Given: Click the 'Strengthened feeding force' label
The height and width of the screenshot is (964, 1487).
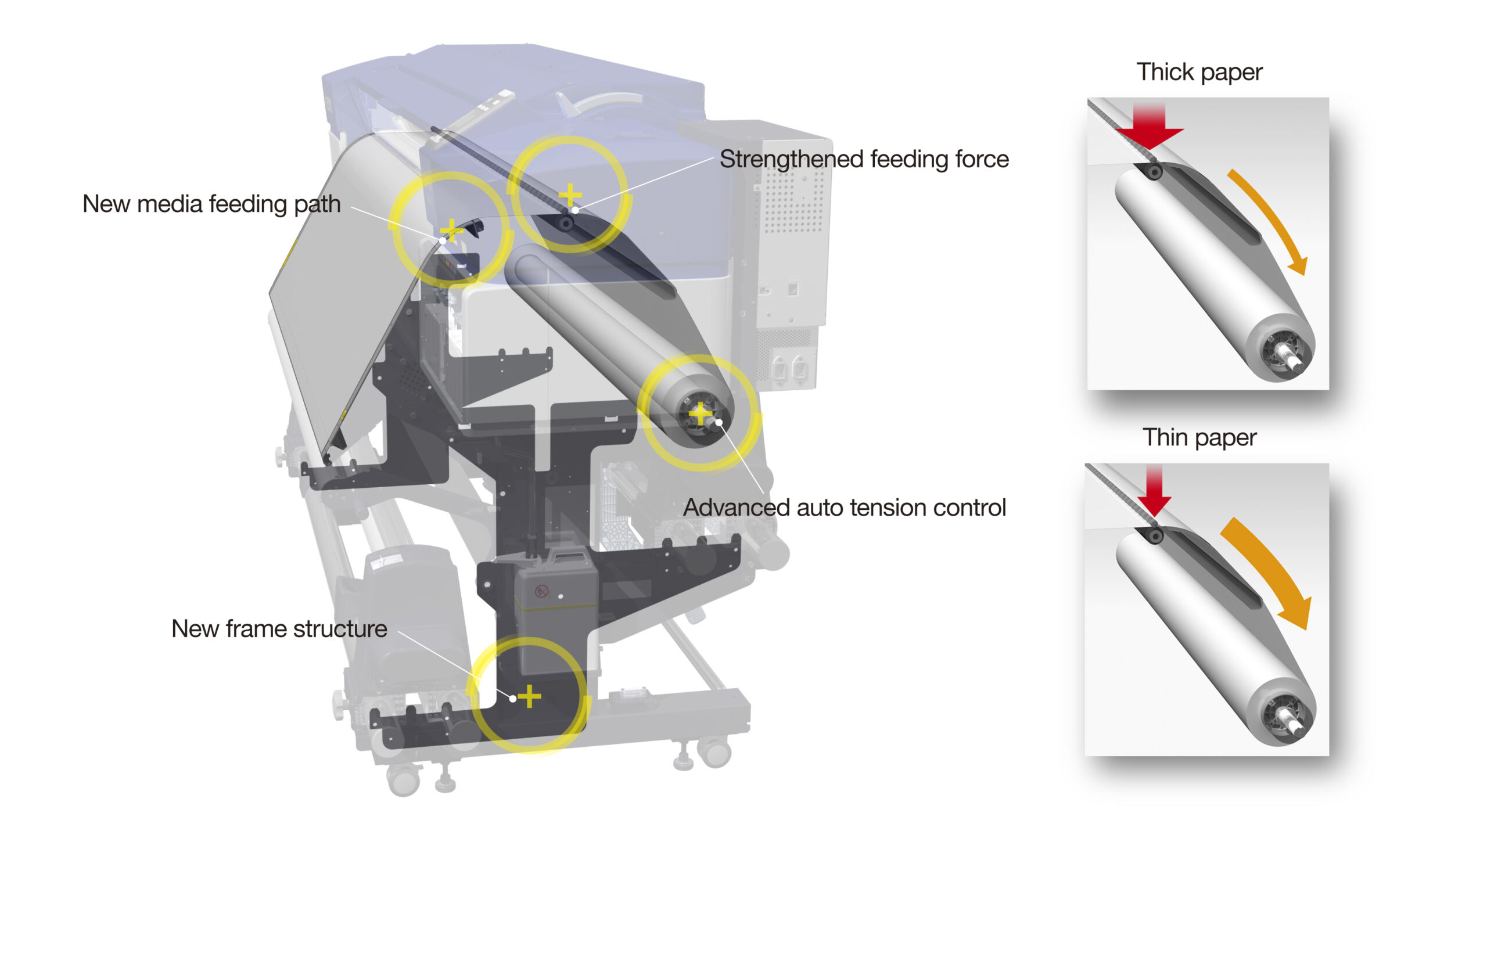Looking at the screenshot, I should click(x=864, y=159).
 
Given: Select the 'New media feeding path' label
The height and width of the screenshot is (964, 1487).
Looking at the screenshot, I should click(x=211, y=204).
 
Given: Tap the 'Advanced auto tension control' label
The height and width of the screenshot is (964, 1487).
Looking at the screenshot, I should click(x=844, y=508).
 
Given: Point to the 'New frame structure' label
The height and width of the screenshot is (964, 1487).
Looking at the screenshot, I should click(x=279, y=628).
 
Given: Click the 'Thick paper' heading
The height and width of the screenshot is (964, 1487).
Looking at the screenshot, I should click(x=1198, y=72).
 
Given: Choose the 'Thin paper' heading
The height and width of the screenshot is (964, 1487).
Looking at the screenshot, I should click(x=1198, y=437).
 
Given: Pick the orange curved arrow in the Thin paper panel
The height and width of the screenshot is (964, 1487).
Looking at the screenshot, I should click(x=1269, y=571).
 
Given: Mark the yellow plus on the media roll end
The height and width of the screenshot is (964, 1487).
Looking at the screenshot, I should click(x=700, y=413).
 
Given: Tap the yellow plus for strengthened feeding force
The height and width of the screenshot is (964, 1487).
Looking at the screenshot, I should click(x=570, y=195).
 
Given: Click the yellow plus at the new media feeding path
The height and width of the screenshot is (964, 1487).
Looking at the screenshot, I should click(x=451, y=231).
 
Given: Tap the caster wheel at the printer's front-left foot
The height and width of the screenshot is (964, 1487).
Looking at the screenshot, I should click(x=404, y=779).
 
